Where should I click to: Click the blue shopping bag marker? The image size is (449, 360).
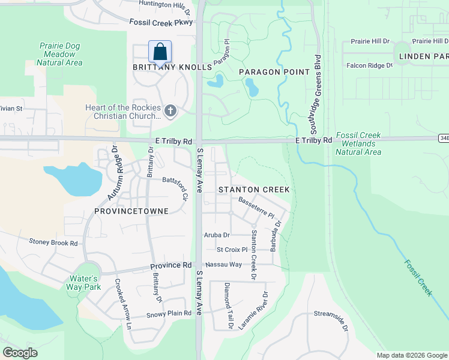(x=160, y=52)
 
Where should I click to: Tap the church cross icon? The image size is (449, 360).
(x=170, y=110)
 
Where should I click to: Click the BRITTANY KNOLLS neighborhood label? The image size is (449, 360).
(x=172, y=68)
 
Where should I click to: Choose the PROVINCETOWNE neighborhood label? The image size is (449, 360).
(x=131, y=211)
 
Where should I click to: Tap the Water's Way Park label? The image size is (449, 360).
(x=83, y=283)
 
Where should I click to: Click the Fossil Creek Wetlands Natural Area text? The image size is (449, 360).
(x=358, y=144)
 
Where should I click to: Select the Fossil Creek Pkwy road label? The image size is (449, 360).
(x=161, y=22)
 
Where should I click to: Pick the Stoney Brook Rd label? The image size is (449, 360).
(x=53, y=243)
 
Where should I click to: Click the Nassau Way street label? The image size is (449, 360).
(x=223, y=264)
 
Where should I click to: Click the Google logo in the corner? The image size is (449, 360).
(x=20, y=353)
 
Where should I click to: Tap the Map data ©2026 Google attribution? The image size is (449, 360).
(x=411, y=355)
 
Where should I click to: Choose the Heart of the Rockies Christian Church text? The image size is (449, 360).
(x=123, y=112)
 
